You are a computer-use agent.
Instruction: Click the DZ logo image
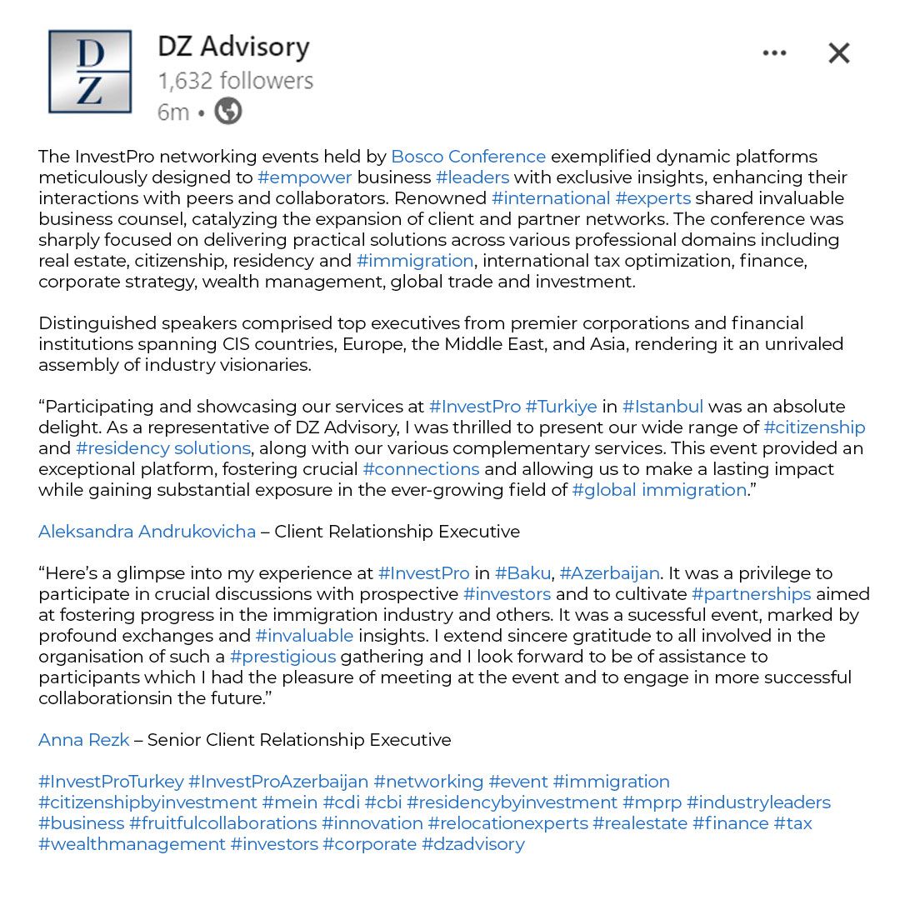(x=90, y=72)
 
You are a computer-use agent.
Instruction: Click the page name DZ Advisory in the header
(x=233, y=46)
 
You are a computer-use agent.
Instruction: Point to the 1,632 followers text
(x=236, y=81)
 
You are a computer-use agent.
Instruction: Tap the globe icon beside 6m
(x=228, y=111)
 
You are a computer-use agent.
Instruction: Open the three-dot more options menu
(x=774, y=53)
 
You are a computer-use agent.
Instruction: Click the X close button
(x=838, y=53)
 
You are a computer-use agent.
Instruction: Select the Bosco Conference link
(x=468, y=157)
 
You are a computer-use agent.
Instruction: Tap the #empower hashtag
(x=305, y=177)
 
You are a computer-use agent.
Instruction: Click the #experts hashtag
(x=652, y=198)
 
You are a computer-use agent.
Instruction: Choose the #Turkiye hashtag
(x=561, y=407)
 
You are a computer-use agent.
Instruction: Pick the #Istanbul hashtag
(x=662, y=407)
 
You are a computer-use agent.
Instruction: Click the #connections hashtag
(x=421, y=469)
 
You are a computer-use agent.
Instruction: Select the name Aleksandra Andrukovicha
(x=147, y=532)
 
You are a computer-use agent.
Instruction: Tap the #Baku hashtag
(x=522, y=573)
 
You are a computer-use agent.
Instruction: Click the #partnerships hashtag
(x=751, y=594)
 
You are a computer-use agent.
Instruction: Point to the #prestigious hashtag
(x=282, y=657)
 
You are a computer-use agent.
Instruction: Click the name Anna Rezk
(x=83, y=740)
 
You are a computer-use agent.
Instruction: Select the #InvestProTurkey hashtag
(x=111, y=782)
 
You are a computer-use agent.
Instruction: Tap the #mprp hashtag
(x=652, y=802)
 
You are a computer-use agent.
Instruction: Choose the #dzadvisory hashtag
(x=473, y=844)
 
